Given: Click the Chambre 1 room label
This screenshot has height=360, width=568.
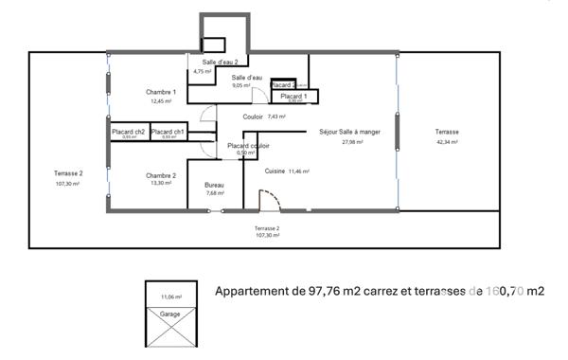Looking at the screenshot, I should (x=161, y=91).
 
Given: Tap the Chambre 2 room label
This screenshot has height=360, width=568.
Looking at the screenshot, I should (x=161, y=175).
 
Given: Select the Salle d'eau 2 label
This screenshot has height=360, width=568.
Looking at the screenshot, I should (x=220, y=61).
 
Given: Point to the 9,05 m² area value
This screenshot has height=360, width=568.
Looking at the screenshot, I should (x=240, y=85).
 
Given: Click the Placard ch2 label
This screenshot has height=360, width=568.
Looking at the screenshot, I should (x=128, y=131).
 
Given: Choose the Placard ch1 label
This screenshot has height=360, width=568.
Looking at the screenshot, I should (x=168, y=131).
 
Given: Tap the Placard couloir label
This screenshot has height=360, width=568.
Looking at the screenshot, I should (x=248, y=146).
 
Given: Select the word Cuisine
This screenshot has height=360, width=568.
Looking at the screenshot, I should (x=275, y=171).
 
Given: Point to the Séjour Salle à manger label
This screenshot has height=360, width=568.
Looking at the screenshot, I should (x=349, y=132).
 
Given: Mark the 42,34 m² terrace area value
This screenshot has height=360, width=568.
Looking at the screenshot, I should (x=447, y=141).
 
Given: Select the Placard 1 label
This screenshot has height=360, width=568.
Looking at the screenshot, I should (x=293, y=96).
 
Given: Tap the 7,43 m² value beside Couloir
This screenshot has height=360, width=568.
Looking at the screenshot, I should (x=276, y=117).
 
